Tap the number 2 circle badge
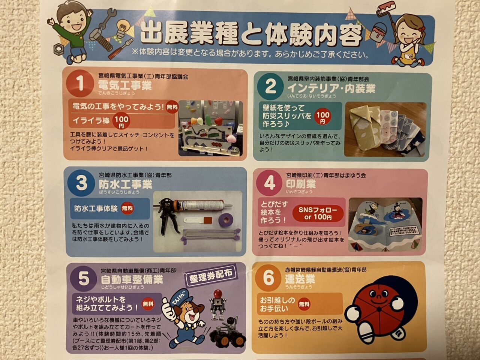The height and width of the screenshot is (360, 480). tap(270, 87)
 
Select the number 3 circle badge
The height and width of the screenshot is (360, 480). tap(81, 183)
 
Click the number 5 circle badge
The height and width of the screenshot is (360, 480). tap(84, 279)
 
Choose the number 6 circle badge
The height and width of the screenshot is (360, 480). tap(268, 278)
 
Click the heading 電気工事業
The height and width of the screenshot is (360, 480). tap(125, 85)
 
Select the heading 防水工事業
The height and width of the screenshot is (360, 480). tap(125, 184)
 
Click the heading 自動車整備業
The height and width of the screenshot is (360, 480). tap(132, 279)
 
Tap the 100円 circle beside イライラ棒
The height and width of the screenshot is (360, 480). tap(121, 121)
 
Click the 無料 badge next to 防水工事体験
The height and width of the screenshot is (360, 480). tap(127, 208)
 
